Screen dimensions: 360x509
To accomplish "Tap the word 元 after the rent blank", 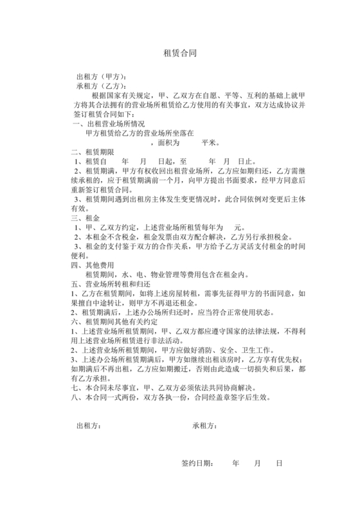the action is tap(237, 228).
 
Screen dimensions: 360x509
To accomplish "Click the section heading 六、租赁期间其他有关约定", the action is tap(116, 321).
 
